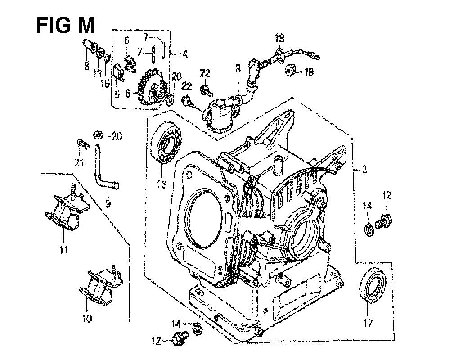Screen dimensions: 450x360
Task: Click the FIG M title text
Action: [66, 25]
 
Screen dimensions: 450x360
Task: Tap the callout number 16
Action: [162, 184]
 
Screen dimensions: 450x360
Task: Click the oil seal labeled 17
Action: [373, 285]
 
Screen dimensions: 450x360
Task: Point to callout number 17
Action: [368, 323]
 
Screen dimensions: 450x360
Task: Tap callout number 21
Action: [79, 163]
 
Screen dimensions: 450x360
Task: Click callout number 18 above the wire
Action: [279, 38]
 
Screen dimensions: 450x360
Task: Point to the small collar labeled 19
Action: [289, 71]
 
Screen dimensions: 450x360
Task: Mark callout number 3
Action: [238, 69]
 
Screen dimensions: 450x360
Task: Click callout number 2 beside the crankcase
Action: [364, 170]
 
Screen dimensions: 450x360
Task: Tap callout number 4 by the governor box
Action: [185, 54]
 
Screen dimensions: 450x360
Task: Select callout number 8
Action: [87, 66]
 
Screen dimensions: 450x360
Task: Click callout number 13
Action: [98, 73]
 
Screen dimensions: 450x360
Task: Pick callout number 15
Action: [105, 84]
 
